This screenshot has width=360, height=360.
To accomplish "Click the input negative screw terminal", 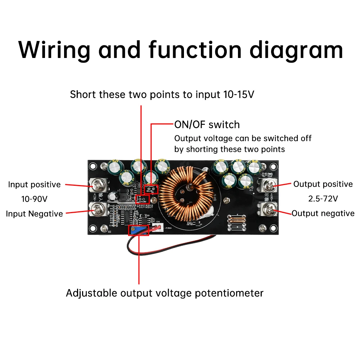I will [x=98, y=208].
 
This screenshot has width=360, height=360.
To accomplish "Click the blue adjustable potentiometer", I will [x=139, y=230].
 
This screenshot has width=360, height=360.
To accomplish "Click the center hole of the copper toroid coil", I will [x=188, y=189].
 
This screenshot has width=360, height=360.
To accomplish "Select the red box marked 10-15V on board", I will [x=143, y=199].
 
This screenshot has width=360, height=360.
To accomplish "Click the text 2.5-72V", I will [x=323, y=198].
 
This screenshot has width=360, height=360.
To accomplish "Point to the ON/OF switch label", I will [x=207, y=125].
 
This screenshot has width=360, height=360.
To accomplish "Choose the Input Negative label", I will [x=35, y=213].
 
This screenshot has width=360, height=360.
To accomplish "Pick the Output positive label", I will [x=323, y=184].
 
